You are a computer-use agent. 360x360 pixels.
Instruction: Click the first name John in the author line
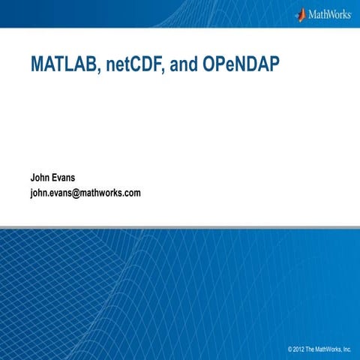click(x=40, y=178)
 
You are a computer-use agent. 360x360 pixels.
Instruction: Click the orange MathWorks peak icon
click(x=301, y=13)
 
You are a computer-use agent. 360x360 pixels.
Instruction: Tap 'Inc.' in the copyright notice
click(x=346, y=349)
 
